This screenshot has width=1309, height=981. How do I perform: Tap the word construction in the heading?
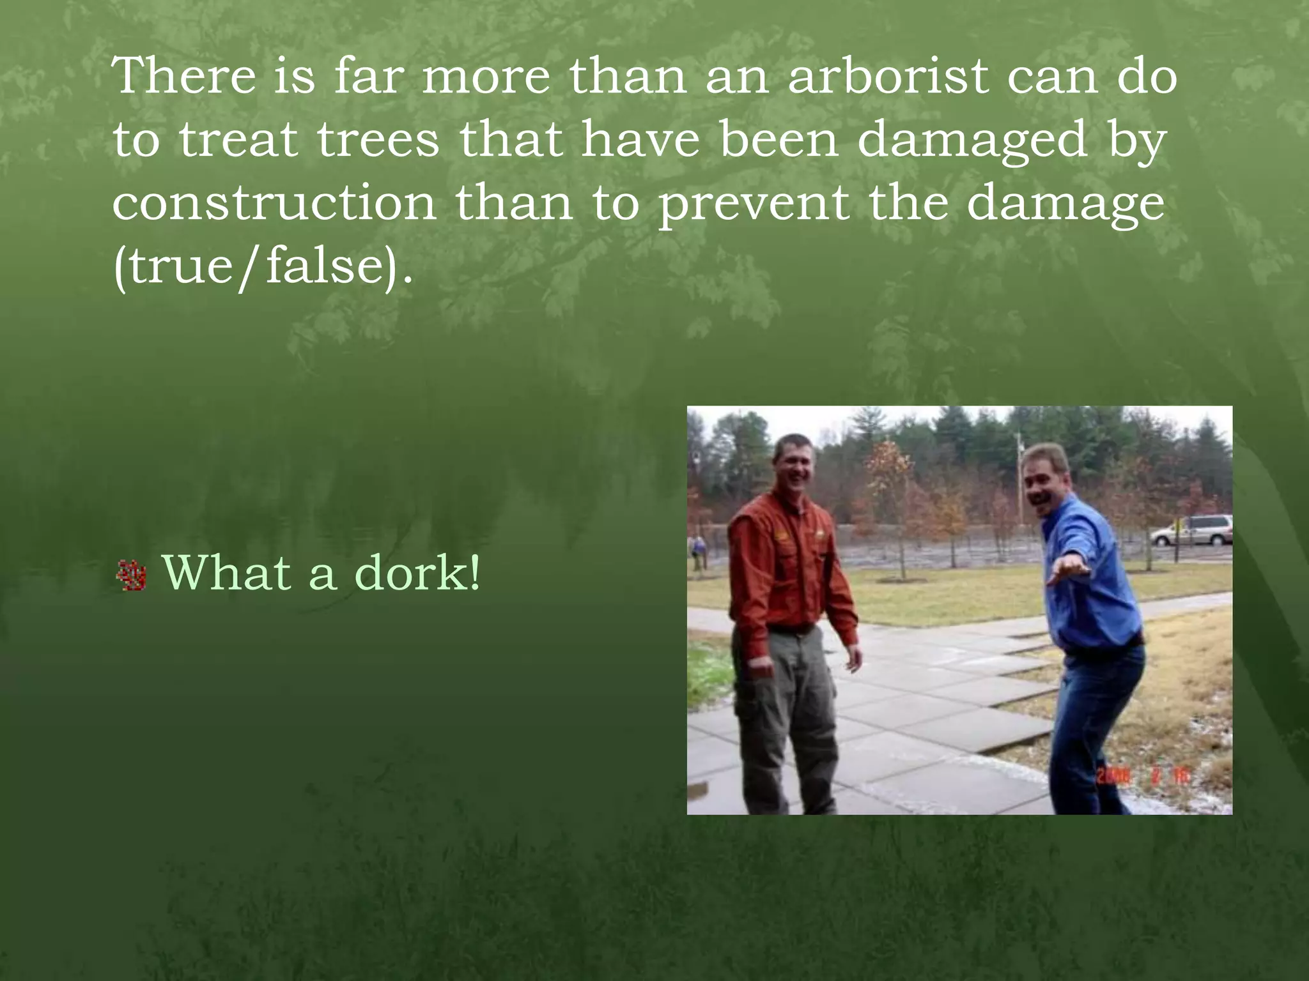(x=274, y=202)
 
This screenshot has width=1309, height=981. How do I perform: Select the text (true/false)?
(x=263, y=266)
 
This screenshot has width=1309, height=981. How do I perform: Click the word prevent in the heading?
(x=754, y=204)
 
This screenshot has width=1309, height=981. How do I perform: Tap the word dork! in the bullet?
(x=417, y=573)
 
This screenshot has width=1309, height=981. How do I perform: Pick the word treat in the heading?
(x=238, y=140)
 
